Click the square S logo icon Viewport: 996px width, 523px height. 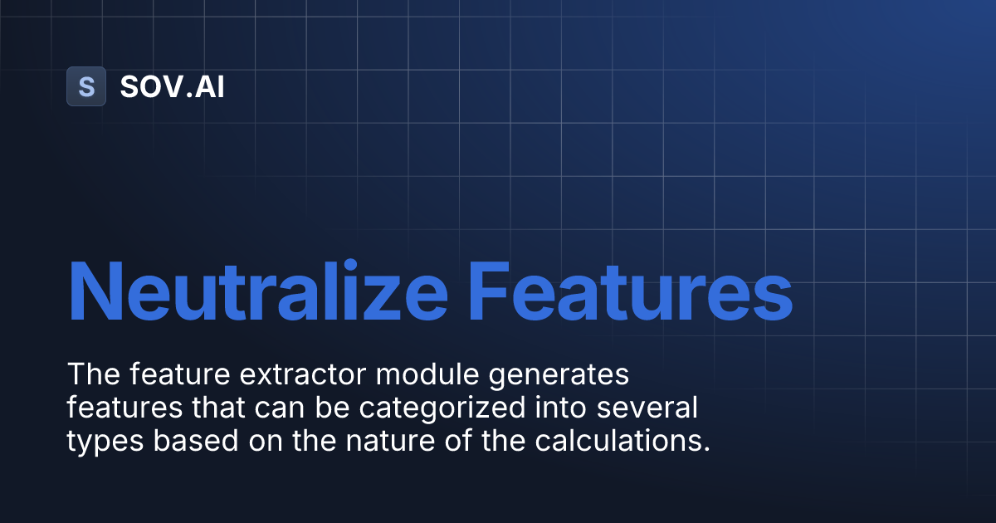coord(86,86)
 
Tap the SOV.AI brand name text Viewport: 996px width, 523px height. coord(172,86)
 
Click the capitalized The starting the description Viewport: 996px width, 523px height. coord(91,375)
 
